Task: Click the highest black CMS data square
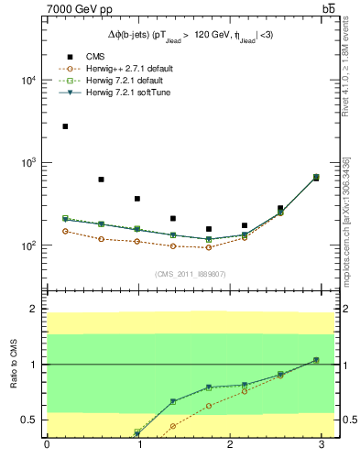[x=65, y=126]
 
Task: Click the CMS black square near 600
[x=101, y=180]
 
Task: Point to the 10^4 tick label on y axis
[x=27, y=80]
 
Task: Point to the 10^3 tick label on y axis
[x=27, y=163]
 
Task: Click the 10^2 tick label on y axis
[x=27, y=246]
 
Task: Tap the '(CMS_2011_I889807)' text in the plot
[x=190, y=273]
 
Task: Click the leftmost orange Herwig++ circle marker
[x=65, y=231]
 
